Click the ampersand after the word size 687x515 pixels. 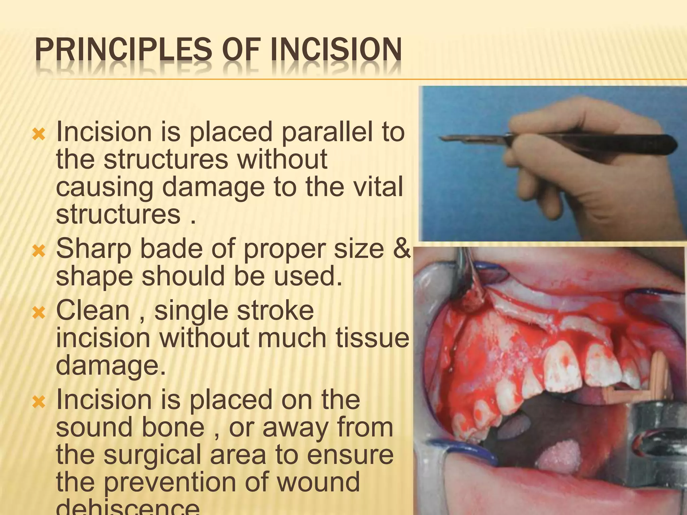[402, 248]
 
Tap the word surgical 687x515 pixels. [156, 455]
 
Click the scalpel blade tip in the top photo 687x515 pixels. [441, 138]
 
